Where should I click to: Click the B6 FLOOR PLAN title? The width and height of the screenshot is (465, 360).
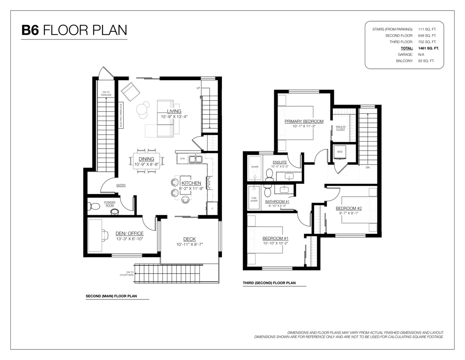pyautogui.click(x=74, y=30)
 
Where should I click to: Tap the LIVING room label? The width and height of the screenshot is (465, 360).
pyautogui.click(x=174, y=111)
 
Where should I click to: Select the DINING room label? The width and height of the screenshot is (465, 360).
pyautogui.click(x=146, y=159)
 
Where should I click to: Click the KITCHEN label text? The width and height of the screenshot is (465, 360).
pyautogui.click(x=191, y=183)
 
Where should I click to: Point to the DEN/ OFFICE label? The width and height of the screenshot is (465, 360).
pyautogui.click(x=130, y=233)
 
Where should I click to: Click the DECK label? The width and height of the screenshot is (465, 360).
pyautogui.click(x=190, y=239)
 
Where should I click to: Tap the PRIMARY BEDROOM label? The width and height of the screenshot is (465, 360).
pyautogui.click(x=304, y=121)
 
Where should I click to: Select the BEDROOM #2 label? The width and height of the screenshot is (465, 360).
pyautogui.click(x=349, y=208)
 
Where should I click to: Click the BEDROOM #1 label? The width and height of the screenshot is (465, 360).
pyautogui.click(x=275, y=238)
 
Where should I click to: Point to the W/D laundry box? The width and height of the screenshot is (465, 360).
pyautogui.click(x=340, y=152)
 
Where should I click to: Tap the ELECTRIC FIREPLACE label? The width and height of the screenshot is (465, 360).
pyautogui.click(x=121, y=115)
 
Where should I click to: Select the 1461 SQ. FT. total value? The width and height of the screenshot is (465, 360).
pyautogui.click(x=428, y=48)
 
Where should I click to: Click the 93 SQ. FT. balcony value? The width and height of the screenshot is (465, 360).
pyautogui.click(x=426, y=61)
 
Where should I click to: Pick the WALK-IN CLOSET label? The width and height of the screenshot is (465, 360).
pyautogui.click(x=340, y=128)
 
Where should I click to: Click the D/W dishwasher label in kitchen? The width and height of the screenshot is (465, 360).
pyautogui.click(x=182, y=158)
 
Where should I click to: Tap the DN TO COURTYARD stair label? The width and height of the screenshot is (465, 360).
pyautogui.click(x=130, y=273)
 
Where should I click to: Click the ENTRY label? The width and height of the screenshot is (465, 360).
pyautogui.click(x=121, y=186)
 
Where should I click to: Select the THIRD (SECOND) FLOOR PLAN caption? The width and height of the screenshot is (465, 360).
pyautogui.click(x=269, y=283)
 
